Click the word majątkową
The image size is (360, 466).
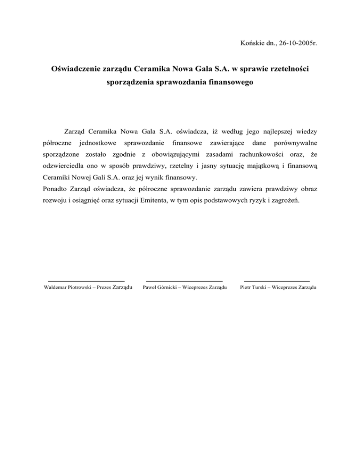(x=268, y=166)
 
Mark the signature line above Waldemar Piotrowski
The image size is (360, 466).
(x=86, y=281)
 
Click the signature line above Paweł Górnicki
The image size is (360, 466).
(x=184, y=281)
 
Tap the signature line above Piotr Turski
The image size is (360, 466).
(x=277, y=281)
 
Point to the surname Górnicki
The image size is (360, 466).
(x=170, y=287)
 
